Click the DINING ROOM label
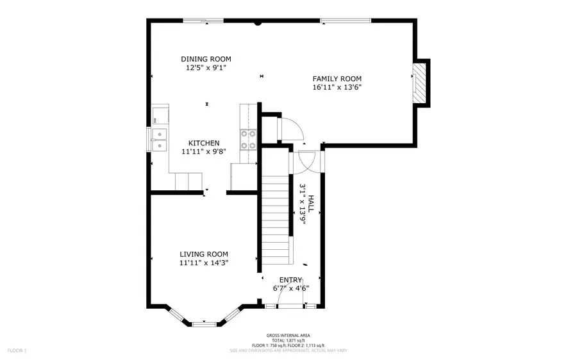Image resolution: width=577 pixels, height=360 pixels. pyautogui.click(x=205, y=59)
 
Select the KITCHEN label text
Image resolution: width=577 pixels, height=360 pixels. pyautogui.click(x=204, y=143)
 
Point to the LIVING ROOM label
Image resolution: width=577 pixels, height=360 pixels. pyautogui.click(x=204, y=254)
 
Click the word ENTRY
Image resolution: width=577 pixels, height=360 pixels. pyautogui.click(x=291, y=280)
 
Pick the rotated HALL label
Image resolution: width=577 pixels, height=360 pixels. pyautogui.click(x=311, y=204)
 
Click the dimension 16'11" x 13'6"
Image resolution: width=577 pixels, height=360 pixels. pyautogui.click(x=337, y=88)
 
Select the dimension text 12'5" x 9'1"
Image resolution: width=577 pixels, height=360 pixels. pyautogui.click(x=205, y=67)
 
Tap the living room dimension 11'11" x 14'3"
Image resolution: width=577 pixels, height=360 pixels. pyautogui.click(x=204, y=262)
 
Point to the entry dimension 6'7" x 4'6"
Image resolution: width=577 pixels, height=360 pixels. pyautogui.click(x=291, y=288)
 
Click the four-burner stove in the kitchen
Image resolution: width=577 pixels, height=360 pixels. pyautogui.click(x=248, y=140)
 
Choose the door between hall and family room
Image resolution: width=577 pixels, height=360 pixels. pyautogui.click(x=305, y=161)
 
